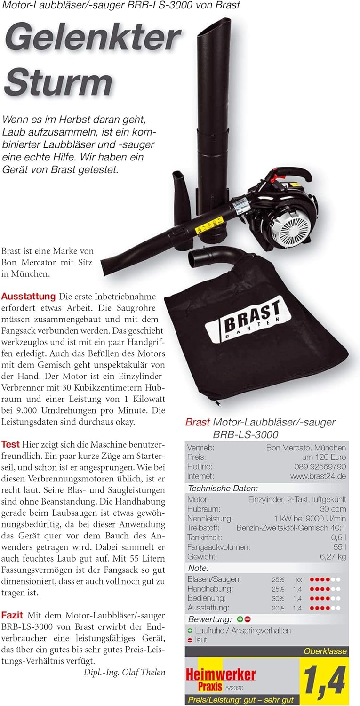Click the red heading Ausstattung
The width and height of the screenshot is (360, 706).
[x=29, y=297]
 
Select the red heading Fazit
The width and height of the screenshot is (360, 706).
[x=13, y=615]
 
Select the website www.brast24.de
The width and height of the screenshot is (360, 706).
[x=318, y=476]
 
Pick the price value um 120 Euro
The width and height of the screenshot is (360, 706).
[x=324, y=457]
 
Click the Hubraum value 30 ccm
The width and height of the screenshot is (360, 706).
[x=333, y=509]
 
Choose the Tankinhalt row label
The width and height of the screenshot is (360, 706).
[x=205, y=538]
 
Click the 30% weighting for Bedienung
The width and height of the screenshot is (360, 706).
[x=278, y=599]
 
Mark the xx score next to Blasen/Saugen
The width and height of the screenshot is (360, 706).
[x=298, y=579]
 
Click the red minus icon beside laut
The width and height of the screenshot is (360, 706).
[x=190, y=640]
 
